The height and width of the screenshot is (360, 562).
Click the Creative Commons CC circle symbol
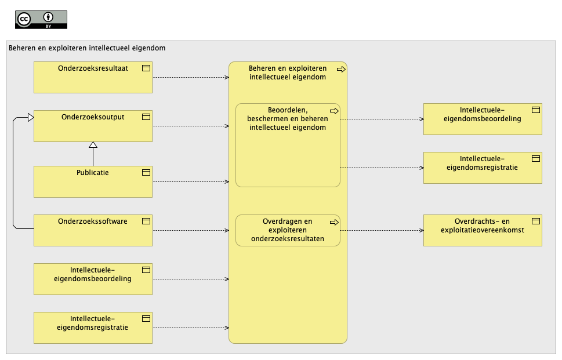pyautogui.click(x=24, y=19)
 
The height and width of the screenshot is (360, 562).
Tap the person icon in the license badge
pyautogui.click(x=48, y=17)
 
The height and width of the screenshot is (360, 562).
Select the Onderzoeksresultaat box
pyautogui.click(x=93, y=77)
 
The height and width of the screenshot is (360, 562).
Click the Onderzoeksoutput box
pyautogui.click(x=93, y=126)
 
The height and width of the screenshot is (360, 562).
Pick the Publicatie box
pyautogui.click(x=93, y=181)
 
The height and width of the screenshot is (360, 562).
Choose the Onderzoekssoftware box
pyautogui.click(x=93, y=230)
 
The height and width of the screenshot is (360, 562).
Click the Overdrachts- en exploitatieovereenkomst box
pyautogui.click(x=483, y=230)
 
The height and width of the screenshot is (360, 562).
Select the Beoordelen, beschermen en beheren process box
pyautogui.click(x=288, y=145)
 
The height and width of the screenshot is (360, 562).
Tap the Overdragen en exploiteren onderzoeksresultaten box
pyautogui.click(x=288, y=230)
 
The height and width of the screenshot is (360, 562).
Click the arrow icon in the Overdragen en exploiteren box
pyautogui.click(x=334, y=223)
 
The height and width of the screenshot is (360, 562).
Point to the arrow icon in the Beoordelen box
pyautogui.click(x=334, y=111)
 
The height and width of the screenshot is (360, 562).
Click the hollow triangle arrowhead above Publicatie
pyautogui.click(x=93, y=145)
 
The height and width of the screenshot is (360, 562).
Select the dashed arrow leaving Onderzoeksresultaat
pyautogui.click(x=191, y=77)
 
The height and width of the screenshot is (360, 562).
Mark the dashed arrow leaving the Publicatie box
pyautogui.click(x=191, y=181)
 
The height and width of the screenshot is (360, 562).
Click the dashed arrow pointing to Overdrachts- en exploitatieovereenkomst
pyautogui.click(x=382, y=230)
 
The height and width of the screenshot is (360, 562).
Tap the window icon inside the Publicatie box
pyautogui.click(x=146, y=173)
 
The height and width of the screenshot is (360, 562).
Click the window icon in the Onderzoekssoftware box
pyautogui.click(x=146, y=221)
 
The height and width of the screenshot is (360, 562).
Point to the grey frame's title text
pyautogui.click(x=87, y=48)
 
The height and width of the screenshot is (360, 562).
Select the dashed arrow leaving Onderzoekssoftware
pyautogui.click(x=191, y=230)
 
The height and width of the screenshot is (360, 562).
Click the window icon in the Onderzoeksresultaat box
pyautogui.click(x=146, y=68)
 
